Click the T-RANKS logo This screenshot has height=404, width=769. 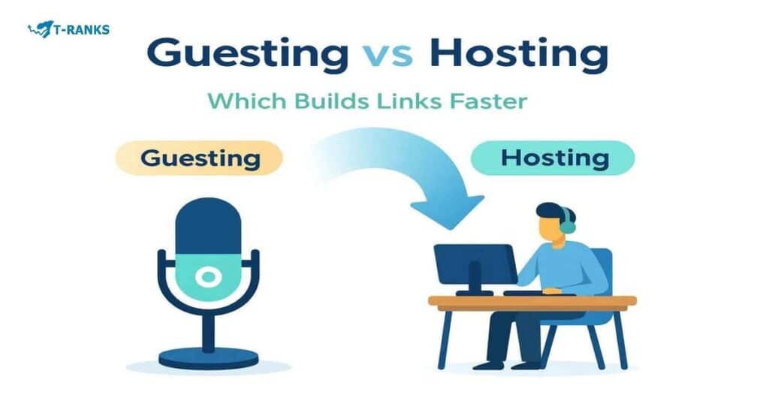point(68,30)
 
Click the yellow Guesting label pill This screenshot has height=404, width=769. point(199,158)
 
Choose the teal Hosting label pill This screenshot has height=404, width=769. point(553,158)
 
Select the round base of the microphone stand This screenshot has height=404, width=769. point(208,357)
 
